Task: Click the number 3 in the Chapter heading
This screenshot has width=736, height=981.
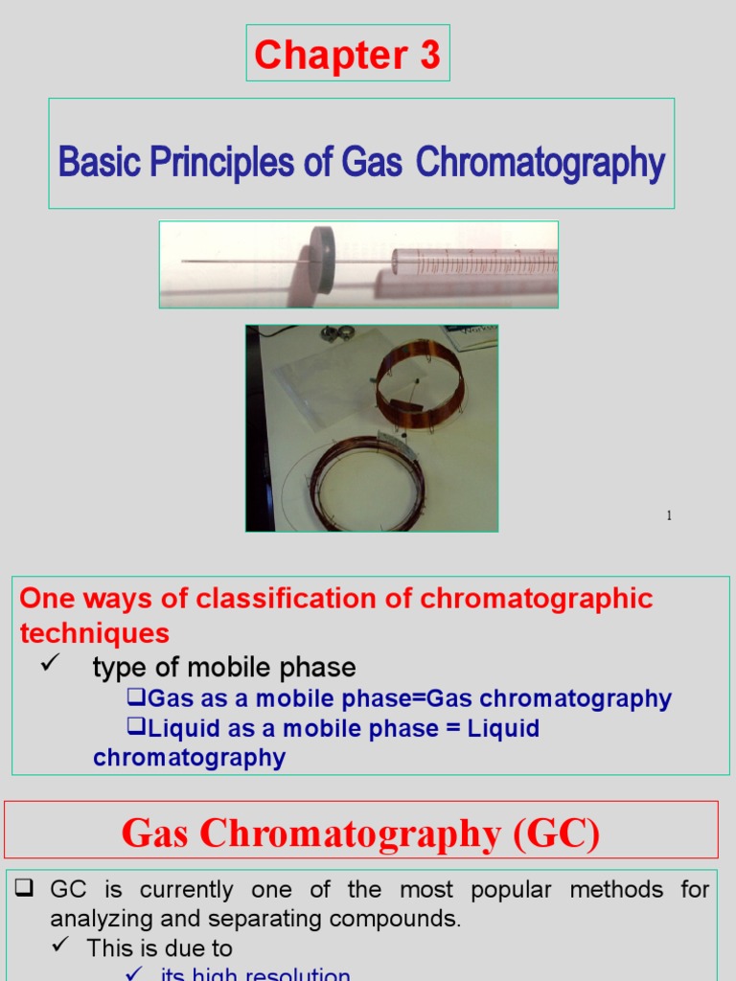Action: [x=429, y=56]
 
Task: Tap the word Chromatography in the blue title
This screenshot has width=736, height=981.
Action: [x=540, y=162]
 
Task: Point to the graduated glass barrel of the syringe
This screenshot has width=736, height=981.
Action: [x=474, y=262]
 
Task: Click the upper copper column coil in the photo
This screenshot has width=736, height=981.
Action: [x=419, y=383]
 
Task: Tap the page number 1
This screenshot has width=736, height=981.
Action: [x=669, y=516]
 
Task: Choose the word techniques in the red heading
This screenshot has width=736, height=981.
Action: [x=95, y=633]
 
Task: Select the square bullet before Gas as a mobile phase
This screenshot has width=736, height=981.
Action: [x=136, y=697]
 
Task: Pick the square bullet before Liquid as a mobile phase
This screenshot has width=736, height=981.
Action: [x=136, y=727]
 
